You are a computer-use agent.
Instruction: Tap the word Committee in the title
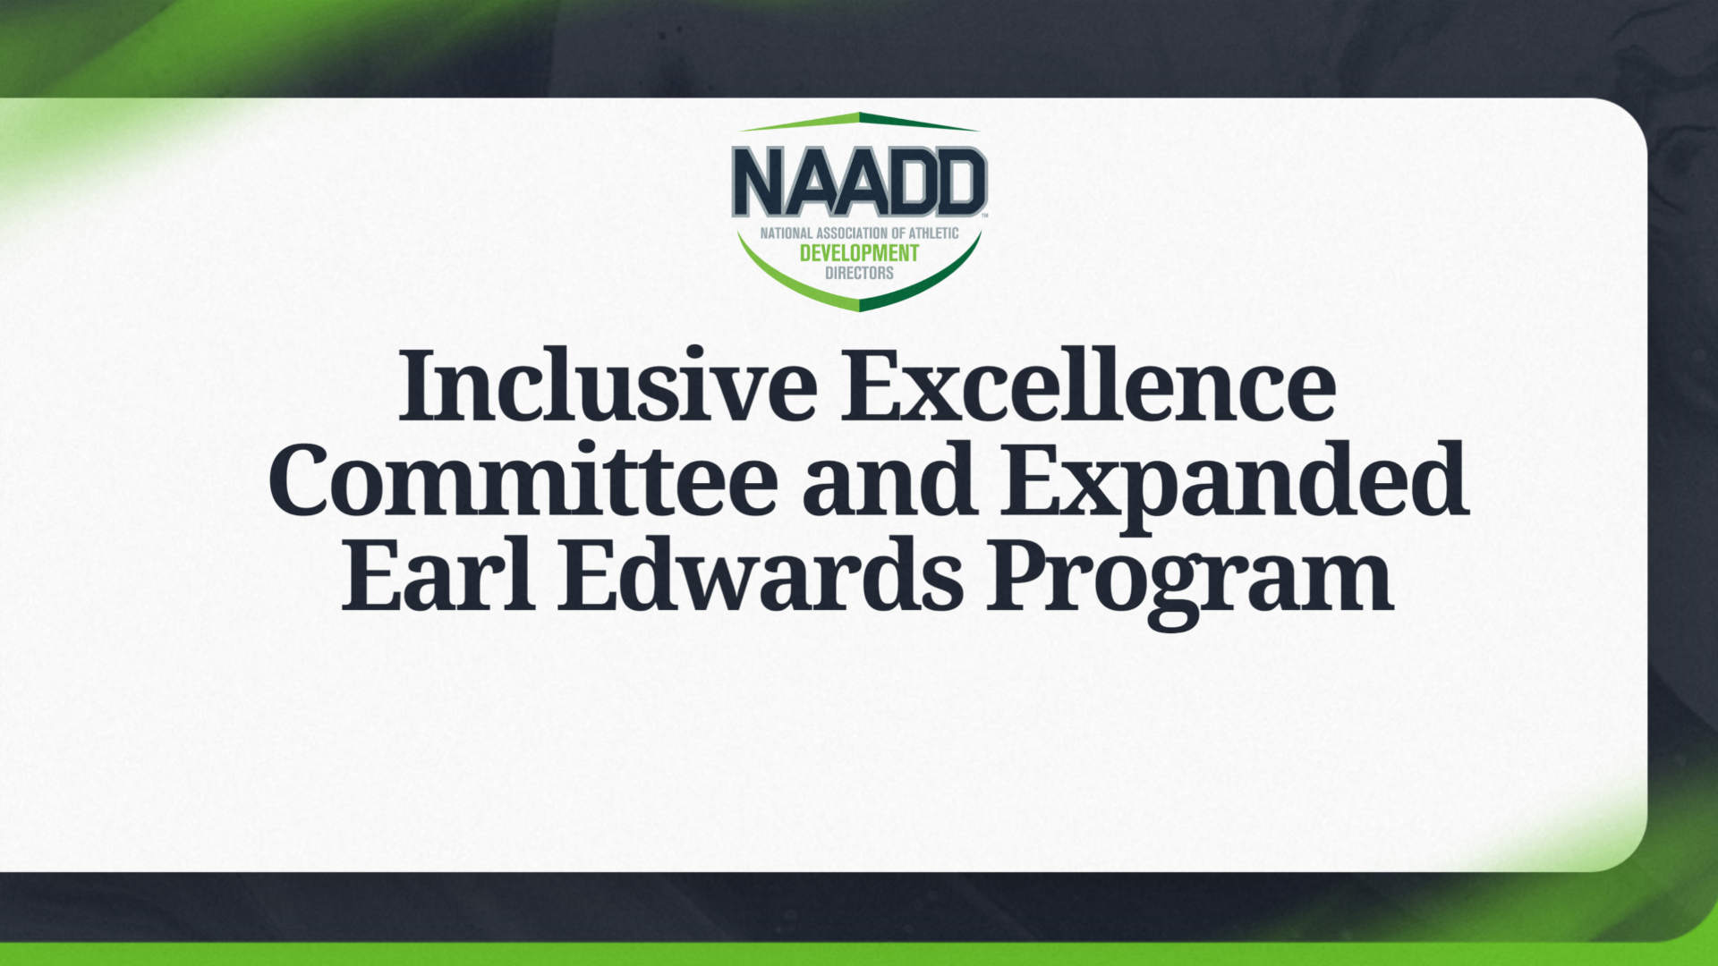click(523, 480)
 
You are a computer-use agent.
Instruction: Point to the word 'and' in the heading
click(888, 480)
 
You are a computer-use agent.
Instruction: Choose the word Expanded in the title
click(1234, 483)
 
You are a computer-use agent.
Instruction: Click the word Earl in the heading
click(438, 575)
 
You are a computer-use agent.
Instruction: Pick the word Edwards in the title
click(761, 575)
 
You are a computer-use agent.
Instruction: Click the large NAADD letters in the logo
click(859, 182)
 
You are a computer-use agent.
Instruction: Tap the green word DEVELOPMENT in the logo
click(859, 253)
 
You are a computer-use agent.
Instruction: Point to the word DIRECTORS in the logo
click(859, 273)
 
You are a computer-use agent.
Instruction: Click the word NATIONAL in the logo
click(787, 233)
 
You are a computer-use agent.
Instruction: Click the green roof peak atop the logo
click(859, 117)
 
